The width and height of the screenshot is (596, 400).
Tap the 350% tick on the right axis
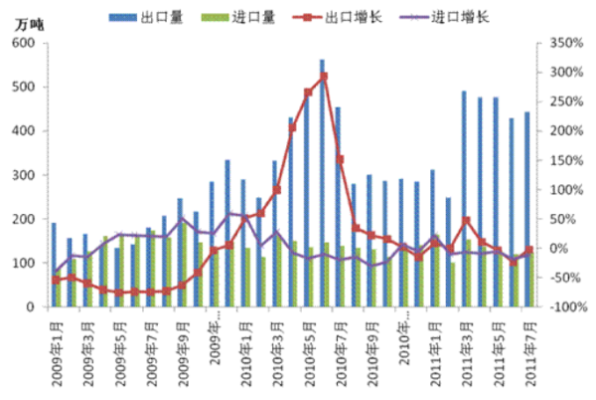coord(560,43)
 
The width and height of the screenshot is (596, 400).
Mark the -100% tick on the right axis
coord(560,307)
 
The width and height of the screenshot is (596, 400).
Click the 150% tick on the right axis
coord(560,160)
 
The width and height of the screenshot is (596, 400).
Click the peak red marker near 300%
coord(324,76)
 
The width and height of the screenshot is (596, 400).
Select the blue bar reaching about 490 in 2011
coord(463,199)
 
